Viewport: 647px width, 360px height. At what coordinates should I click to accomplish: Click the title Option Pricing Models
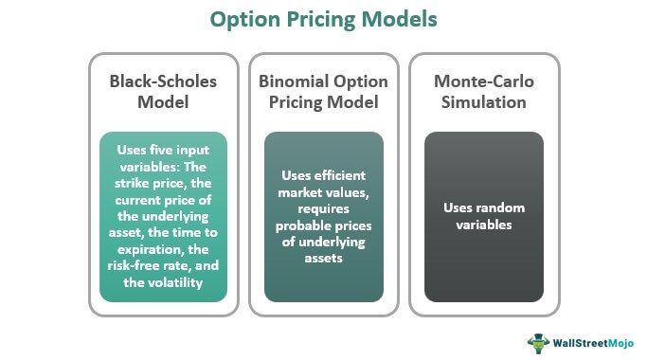pyautogui.click(x=324, y=19)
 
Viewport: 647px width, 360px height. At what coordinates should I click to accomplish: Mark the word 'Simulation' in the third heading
pyautogui.click(x=484, y=101)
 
